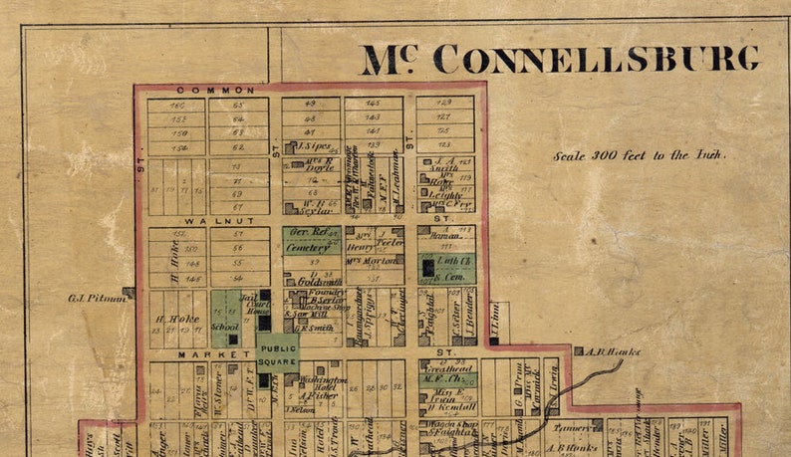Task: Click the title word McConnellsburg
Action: pyautogui.click(x=560, y=59)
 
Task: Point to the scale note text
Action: pyautogui.click(x=640, y=155)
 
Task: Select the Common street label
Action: pyautogui.click(x=202, y=90)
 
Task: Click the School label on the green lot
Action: pyautogui.click(x=225, y=326)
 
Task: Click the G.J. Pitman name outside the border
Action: pyautogui.click(x=94, y=296)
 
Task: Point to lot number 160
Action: pyautogui.click(x=177, y=105)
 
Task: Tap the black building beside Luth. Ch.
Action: pyautogui.click(x=427, y=267)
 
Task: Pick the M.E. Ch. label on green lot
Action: pyautogui.click(x=443, y=377)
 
